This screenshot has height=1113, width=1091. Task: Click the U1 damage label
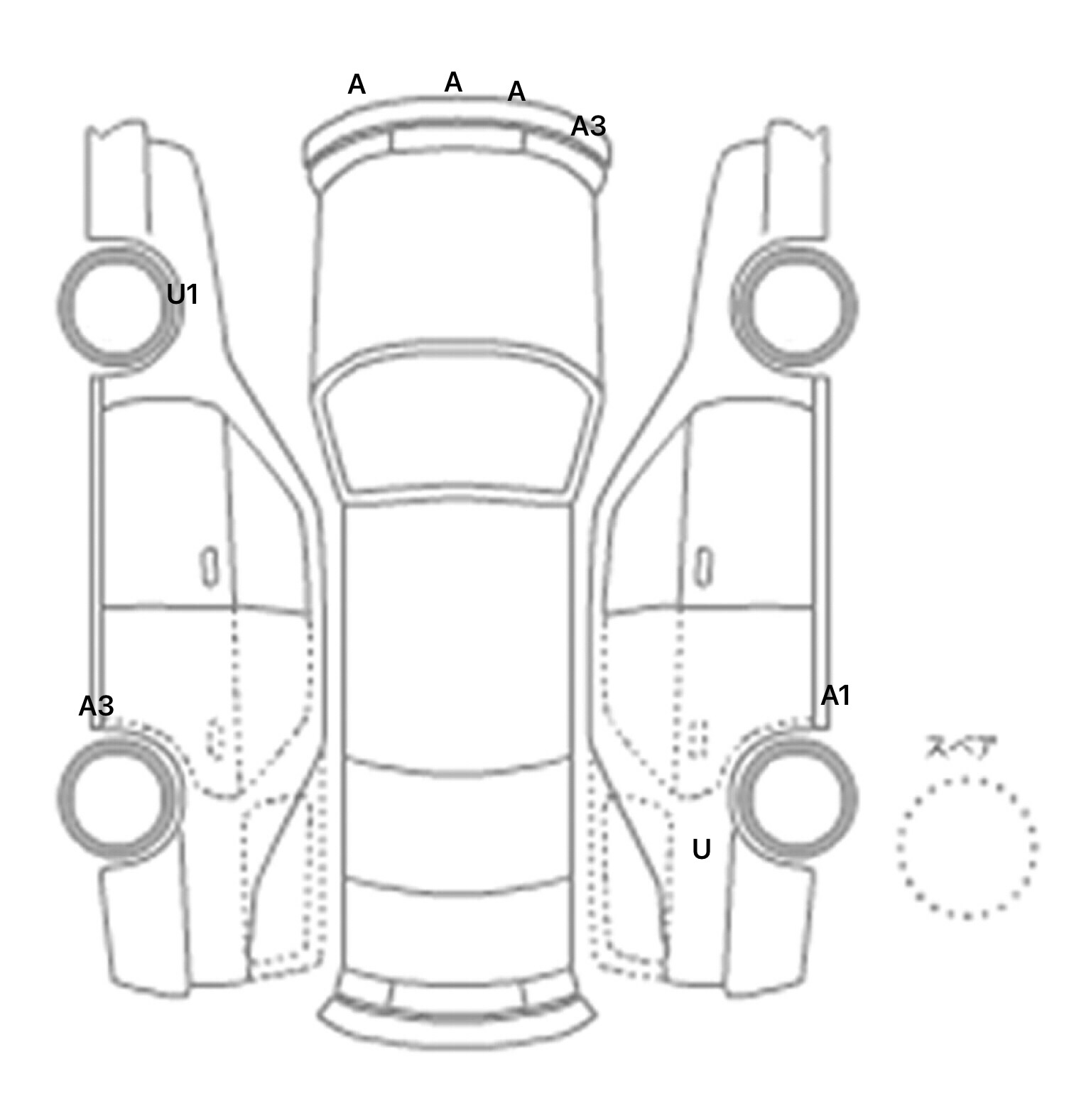coord(182,294)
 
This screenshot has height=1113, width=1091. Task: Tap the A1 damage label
coord(835,696)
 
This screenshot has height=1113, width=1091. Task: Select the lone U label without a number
coord(701,849)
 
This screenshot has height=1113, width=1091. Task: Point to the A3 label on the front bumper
coord(589,126)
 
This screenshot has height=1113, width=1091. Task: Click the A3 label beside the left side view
coord(96,706)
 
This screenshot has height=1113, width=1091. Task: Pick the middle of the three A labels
coord(453,83)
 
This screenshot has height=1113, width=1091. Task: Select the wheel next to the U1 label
coord(61,304)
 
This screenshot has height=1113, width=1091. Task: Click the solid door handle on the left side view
coord(210,567)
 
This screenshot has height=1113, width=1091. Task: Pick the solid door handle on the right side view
coord(704,567)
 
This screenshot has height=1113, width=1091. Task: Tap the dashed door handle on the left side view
coord(215,738)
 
